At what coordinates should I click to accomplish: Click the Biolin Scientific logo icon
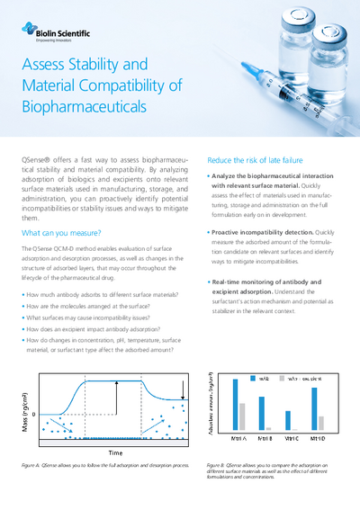point(27,31)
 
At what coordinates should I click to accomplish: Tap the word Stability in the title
point(114,66)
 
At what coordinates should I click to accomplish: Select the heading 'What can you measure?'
point(59,232)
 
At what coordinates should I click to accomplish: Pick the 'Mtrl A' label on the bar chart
point(239,439)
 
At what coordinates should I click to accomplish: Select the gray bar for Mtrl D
point(321,423)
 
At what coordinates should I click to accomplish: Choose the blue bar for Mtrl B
point(261,399)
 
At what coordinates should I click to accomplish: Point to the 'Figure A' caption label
point(33,466)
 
